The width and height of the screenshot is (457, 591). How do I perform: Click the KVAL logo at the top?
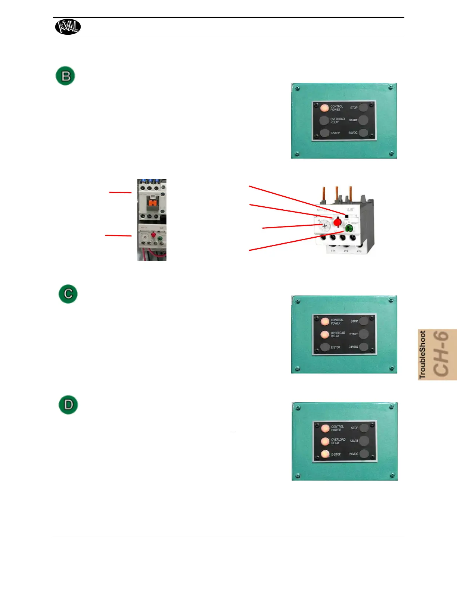click(x=68, y=27)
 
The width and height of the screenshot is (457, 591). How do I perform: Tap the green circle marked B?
click(x=65, y=76)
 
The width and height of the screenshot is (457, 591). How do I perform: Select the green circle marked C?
click(x=68, y=294)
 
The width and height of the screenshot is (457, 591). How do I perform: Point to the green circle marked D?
click(x=68, y=405)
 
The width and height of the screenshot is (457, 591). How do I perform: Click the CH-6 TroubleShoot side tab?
click(x=437, y=354)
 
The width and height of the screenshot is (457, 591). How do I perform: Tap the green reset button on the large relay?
click(x=349, y=228)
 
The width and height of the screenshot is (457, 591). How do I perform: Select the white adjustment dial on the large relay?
click(x=324, y=226)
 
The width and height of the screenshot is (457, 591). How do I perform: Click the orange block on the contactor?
click(x=152, y=203)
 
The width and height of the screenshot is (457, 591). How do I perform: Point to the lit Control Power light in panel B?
click(x=324, y=108)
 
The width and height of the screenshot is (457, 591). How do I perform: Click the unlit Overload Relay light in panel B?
click(x=324, y=121)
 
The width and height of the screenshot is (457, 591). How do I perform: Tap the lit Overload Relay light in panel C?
click(x=325, y=334)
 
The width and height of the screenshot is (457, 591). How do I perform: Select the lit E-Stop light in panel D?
click(x=325, y=454)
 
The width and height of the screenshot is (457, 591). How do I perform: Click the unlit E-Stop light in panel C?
click(x=325, y=347)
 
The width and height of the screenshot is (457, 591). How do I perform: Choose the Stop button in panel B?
click(x=363, y=108)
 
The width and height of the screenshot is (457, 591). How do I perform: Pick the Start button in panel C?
click(x=364, y=334)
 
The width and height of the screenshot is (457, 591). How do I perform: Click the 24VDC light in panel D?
click(x=364, y=454)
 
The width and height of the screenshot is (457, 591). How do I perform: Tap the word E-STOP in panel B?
click(x=335, y=133)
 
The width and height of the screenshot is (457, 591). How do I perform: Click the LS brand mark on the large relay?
click(x=350, y=209)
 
